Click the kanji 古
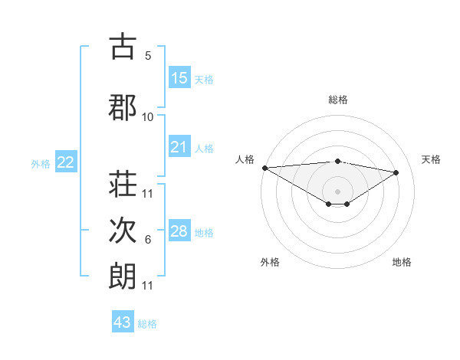click(123, 47)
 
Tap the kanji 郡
click(123, 107)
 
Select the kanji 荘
click(123, 185)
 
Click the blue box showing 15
click(179, 78)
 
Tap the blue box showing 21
click(179, 148)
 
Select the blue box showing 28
click(179, 232)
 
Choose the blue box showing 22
click(66, 162)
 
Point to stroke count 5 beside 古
click(148, 56)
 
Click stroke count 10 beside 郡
click(148, 117)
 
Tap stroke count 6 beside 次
click(148, 240)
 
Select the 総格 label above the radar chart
click(337, 100)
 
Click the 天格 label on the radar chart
click(432, 159)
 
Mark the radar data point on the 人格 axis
click(264, 167)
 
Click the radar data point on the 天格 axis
click(396, 172)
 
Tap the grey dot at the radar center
click(337, 191)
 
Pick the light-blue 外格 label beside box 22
click(41, 163)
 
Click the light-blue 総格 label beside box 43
click(147, 324)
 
